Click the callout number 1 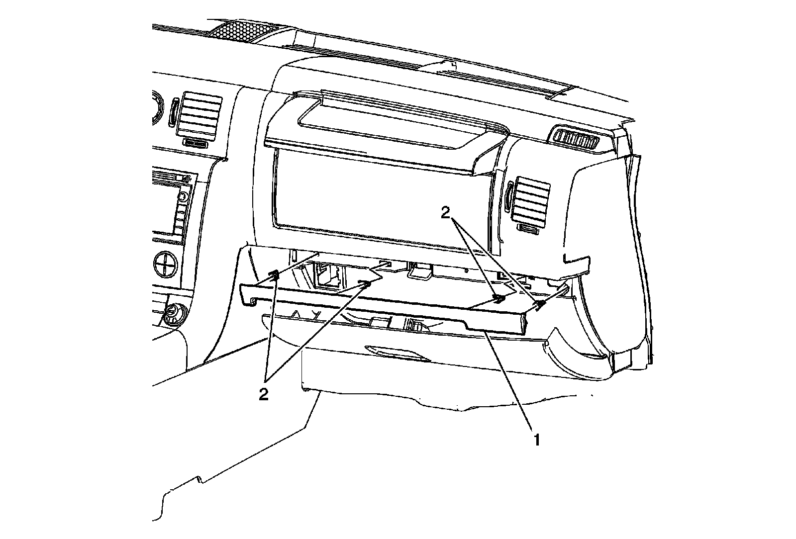536,439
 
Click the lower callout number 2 264,394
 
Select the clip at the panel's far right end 540,306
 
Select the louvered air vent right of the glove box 533,199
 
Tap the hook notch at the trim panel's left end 253,300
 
